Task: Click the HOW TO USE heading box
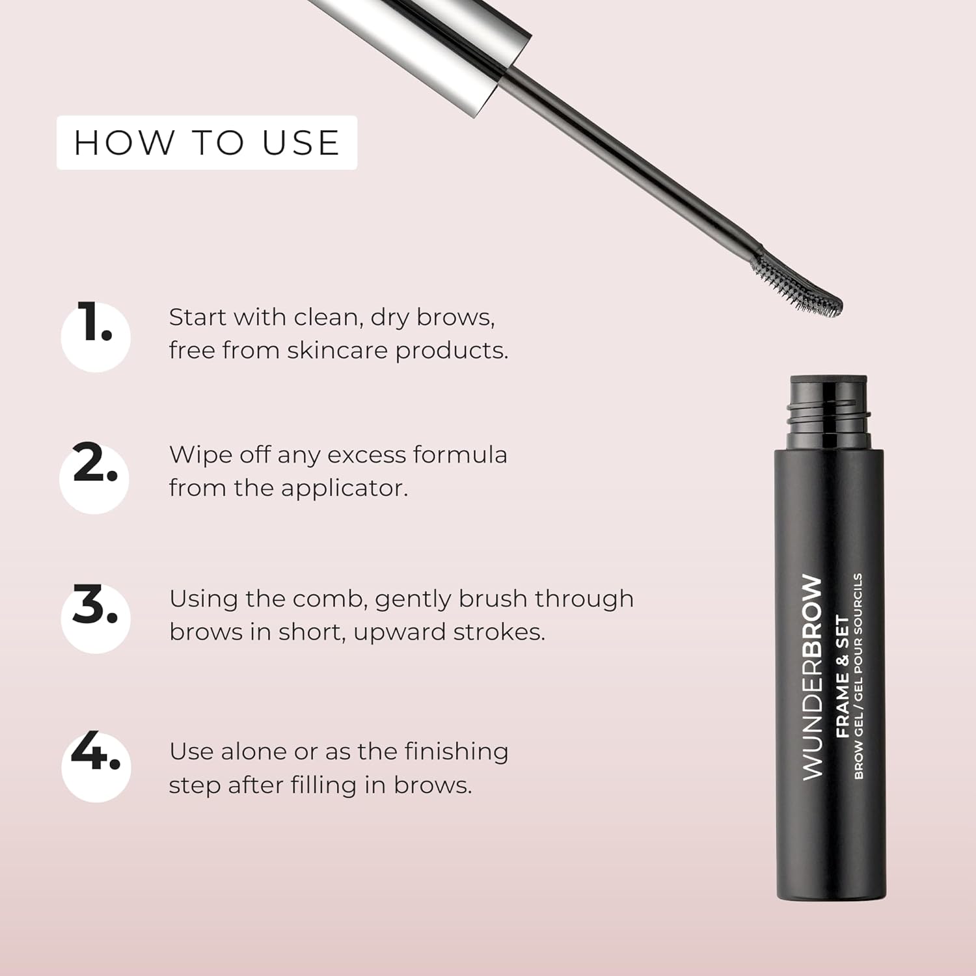[207, 142]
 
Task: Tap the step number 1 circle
[96, 337]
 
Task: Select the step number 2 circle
[94, 478]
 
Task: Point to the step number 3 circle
[96, 618]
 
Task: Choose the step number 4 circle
[96, 766]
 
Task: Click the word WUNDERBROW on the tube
[812, 677]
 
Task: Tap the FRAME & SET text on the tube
[842, 677]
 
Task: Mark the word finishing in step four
[457, 752]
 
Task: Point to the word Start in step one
[198, 318]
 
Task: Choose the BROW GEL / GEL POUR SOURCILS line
[858, 676]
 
